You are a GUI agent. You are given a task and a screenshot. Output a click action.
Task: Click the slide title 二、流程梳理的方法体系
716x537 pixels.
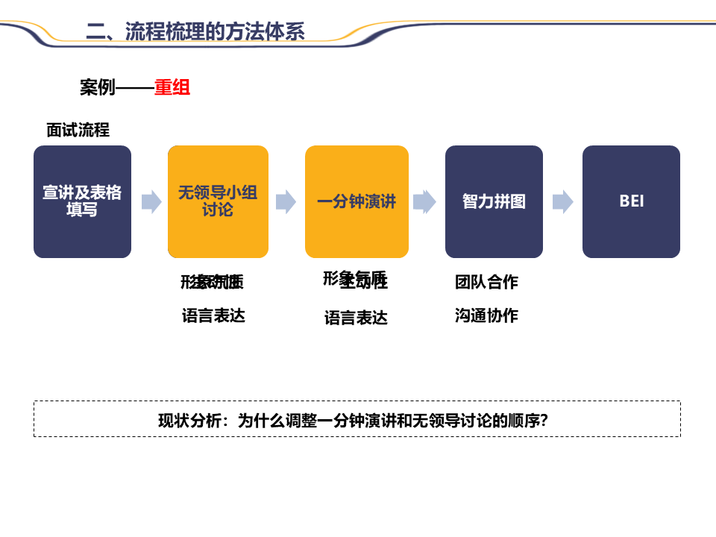[195, 31]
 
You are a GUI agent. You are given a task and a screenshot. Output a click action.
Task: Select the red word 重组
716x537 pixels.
[172, 88]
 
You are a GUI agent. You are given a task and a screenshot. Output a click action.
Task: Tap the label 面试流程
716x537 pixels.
[78, 131]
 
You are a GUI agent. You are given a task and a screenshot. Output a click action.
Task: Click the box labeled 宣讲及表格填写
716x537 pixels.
[82, 201]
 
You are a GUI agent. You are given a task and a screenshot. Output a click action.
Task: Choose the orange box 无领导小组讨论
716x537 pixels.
[218, 201]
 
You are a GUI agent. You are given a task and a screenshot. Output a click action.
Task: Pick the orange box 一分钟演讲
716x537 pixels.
[357, 201]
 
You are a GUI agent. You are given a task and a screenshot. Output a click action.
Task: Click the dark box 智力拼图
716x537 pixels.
[494, 201]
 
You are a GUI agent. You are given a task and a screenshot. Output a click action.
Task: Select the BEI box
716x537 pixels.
[631, 201]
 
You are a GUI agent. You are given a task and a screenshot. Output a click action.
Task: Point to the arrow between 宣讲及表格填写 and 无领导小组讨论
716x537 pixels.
[151, 201]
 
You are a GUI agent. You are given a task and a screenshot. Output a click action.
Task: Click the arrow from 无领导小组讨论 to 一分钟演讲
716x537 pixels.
[286, 201]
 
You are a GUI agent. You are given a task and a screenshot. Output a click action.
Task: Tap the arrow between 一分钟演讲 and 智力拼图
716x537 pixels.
[424, 201]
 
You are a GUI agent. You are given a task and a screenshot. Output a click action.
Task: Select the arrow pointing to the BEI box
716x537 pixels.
[562, 201]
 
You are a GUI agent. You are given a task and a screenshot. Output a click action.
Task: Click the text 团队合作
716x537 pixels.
[486, 282]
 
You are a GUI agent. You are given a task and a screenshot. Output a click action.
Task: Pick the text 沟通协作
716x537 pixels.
[486, 315]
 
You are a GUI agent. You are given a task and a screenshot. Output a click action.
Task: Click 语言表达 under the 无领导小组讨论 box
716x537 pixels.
[213, 315]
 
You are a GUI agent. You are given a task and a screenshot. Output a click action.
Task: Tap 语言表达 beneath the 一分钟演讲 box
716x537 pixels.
[356, 318]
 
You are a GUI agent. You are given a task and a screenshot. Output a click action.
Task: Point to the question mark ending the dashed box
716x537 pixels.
[544, 420]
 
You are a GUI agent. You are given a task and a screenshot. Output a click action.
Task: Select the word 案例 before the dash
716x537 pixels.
[98, 88]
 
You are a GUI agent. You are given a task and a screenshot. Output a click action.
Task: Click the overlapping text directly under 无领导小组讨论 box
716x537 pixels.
[213, 282]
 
